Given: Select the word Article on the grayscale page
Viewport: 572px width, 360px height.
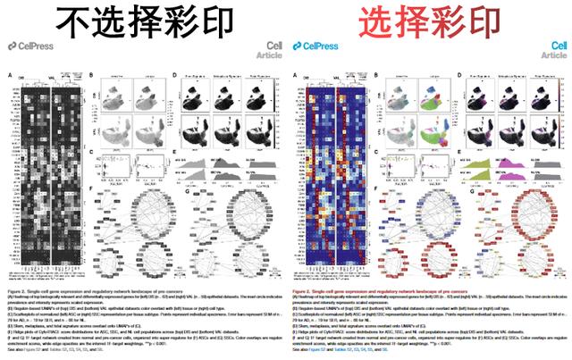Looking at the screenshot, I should pyautogui.click(x=265, y=54).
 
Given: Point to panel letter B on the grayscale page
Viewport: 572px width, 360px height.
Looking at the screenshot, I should pyautogui.click(x=93, y=76).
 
